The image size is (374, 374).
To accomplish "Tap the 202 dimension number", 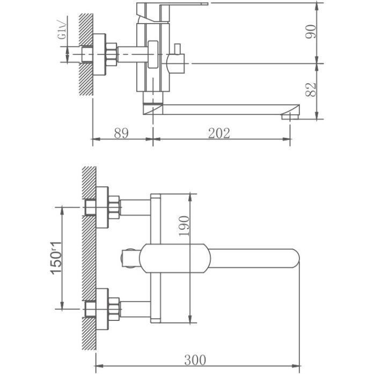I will pyautogui.click(x=219, y=134).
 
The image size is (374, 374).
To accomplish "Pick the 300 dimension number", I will pyautogui.click(x=195, y=360).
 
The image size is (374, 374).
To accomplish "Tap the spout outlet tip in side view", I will pyautogui.click(x=290, y=114).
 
